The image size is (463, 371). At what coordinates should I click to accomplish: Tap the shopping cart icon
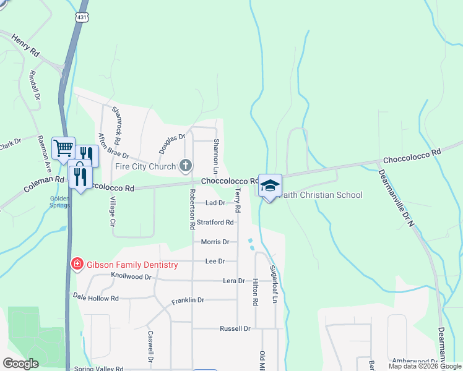63,148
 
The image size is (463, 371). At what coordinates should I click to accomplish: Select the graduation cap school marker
270,185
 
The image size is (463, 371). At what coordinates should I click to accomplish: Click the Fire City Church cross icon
184,165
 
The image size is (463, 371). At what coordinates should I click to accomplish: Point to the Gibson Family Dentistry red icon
77,264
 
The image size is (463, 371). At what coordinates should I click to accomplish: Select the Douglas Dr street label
172,143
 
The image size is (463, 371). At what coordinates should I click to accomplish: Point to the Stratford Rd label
215,222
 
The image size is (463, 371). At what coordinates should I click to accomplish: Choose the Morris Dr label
215,242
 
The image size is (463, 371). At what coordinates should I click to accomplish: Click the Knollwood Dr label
131,276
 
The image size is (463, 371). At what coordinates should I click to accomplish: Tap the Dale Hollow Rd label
95,297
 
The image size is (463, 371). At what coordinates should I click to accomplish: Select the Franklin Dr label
188,300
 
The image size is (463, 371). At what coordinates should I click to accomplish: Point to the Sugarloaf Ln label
272,284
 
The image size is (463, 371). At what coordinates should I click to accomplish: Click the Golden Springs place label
59,202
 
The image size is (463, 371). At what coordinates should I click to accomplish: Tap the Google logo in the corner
20,363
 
